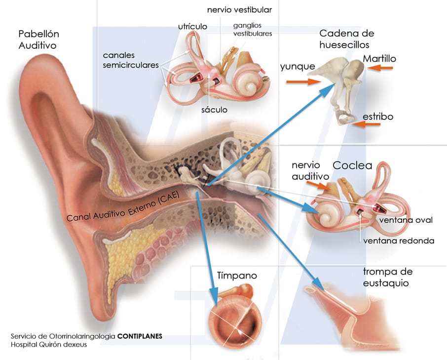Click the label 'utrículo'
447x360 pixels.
pos(192,25)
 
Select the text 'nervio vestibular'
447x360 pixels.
pos(239,9)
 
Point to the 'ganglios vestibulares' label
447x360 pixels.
pos(253,30)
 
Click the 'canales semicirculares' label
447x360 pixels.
pos(131,60)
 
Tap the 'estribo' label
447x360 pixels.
pos(378,117)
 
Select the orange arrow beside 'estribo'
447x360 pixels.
pos(367,125)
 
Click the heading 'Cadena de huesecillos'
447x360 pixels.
pos(347,39)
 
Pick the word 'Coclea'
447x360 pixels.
pos(352,165)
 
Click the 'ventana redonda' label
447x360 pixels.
pos(399,241)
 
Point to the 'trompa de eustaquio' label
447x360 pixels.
pos(388,278)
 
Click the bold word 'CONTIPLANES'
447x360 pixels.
pos(140,336)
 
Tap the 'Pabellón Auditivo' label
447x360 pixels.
pos(38,40)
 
